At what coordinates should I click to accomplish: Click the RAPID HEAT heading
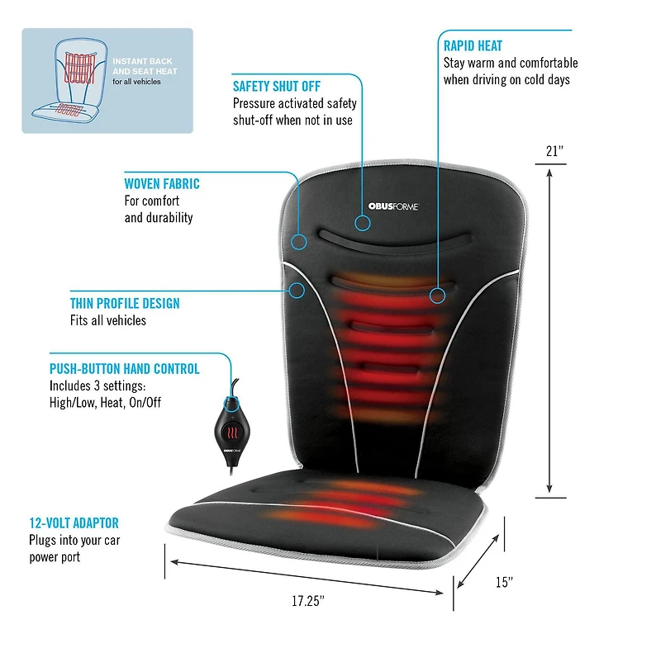point(473,45)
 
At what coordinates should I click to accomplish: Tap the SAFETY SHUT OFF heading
point(277,86)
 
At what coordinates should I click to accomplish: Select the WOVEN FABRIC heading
point(162,183)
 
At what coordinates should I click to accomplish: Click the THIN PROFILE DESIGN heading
point(125,303)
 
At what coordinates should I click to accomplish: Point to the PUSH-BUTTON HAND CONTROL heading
point(124,369)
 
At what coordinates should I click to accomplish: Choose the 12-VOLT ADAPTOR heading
point(74,523)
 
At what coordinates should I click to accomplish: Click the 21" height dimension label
point(554,151)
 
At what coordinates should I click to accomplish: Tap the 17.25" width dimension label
point(308,601)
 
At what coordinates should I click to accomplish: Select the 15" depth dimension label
point(504,582)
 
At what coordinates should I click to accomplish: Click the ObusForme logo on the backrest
point(393,206)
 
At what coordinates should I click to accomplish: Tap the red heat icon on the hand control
point(232,433)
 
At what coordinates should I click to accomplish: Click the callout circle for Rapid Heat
point(437,296)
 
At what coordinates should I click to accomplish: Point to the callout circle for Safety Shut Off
point(362,223)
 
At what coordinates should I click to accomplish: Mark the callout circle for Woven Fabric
point(299,242)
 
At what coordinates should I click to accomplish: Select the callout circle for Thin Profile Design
point(297,291)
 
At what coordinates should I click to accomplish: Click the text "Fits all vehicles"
point(108,320)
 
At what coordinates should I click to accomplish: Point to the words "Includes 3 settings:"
point(97,385)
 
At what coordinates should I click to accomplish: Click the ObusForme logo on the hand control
point(232,451)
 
